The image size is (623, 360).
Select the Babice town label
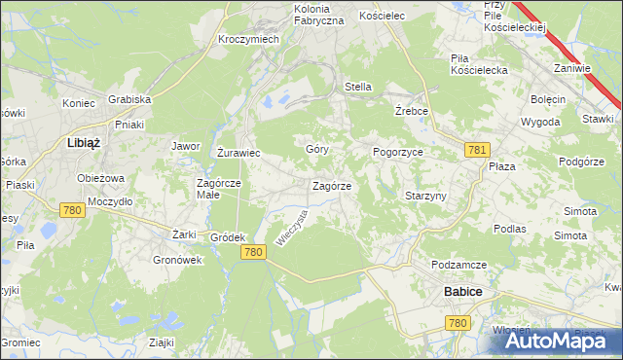[x=463, y=291]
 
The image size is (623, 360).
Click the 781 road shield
[x=476, y=149]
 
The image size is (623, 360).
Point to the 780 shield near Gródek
[x=253, y=252]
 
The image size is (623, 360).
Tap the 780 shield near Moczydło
[x=71, y=209]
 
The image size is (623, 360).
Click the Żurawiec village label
[x=237, y=153]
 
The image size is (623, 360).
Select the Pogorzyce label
[x=397, y=153]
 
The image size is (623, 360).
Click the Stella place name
[x=358, y=87]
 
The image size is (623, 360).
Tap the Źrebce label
[x=413, y=111]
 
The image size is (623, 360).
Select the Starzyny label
[x=425, y=196]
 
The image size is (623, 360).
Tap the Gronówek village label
[x=176, y=260]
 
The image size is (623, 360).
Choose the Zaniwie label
[x=572, y=68]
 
